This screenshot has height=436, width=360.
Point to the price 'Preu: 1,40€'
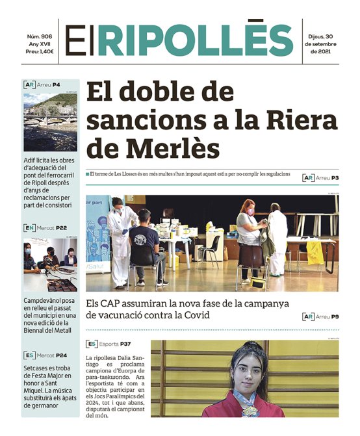click(x=40, y=51)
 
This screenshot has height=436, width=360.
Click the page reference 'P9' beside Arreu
click(x=335, y=316)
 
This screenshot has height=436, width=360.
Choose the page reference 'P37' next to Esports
click(x=125, y=344)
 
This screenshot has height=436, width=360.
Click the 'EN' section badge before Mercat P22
click(x=29, y=228)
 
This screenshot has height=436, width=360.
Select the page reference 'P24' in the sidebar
click(x=62, y=355)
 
